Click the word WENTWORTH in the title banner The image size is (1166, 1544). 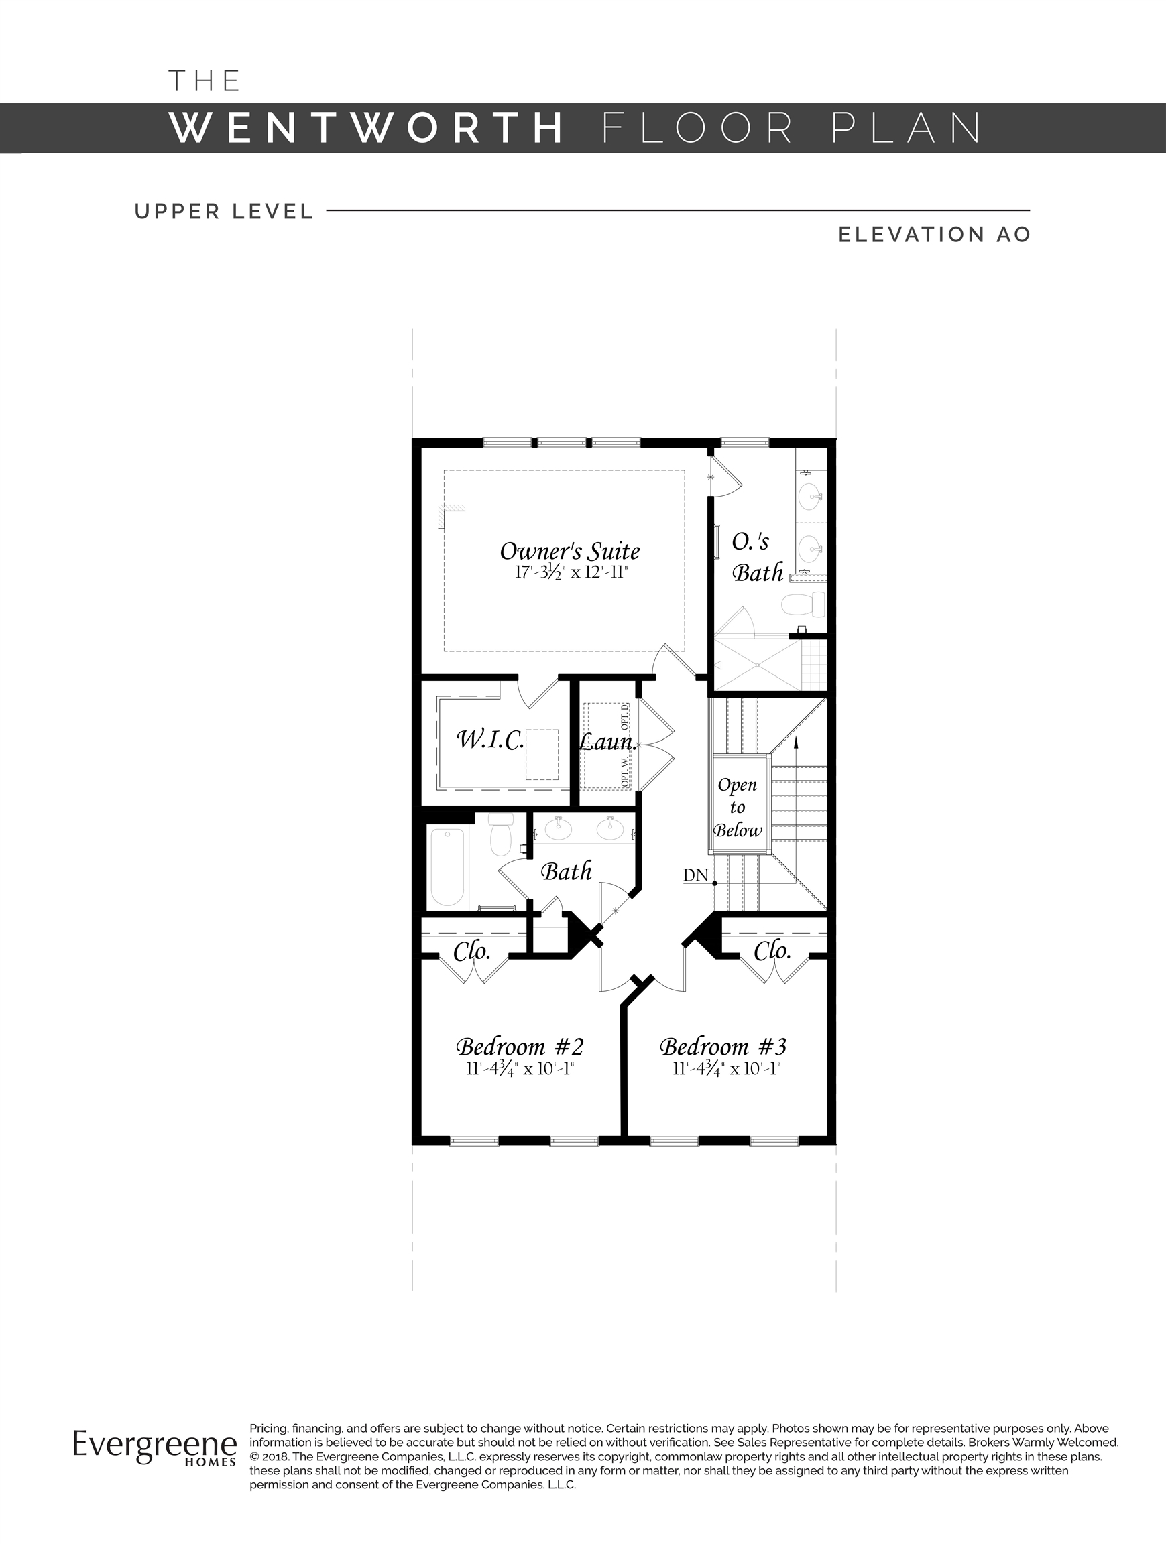pyautogui.click(x=367, y=128)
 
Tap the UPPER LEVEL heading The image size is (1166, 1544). pyautogui.click(x=224, y=212)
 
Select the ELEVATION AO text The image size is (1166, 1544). pyautogui.click(x=934, y=235)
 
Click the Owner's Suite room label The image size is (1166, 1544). pyautogui.click(x=570, y=552)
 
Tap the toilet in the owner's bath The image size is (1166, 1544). pyautogui.click(x=803, y=604)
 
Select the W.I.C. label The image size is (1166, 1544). pyautogui.click(x=490, y=740)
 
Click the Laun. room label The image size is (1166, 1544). pyautogui.click(x=607, y=742)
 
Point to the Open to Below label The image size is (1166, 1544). pyautogui.click(x=738, y=808)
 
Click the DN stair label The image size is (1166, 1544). pyautogui.click(x=695, y=875)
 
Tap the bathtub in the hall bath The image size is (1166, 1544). pyautogui.click(x=447, y=866)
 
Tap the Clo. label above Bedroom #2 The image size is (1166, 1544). pyautogui.click(x=472, y=951)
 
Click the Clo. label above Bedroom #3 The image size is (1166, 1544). pyautogui.click(x=772, y=951)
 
